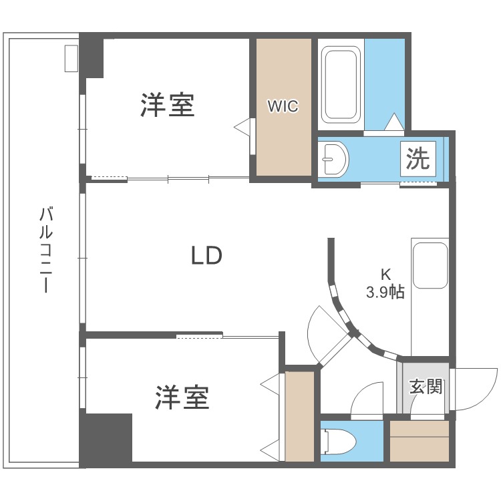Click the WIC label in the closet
pos(283,106)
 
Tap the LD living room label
pos(206,255)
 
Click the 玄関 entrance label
pos(426,386)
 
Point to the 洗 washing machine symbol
pos(418,159)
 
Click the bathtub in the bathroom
pos(341,85)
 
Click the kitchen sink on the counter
pos(430,265)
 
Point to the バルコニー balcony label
pos(46,250)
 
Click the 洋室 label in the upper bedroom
pos(168,105)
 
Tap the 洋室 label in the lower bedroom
pos(182,397)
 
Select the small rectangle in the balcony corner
pos(71,58)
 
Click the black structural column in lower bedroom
pos(106,438)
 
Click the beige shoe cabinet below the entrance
pos(420,441)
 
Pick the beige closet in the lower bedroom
pos(299,416)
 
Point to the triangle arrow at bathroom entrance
pos(394,122)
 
